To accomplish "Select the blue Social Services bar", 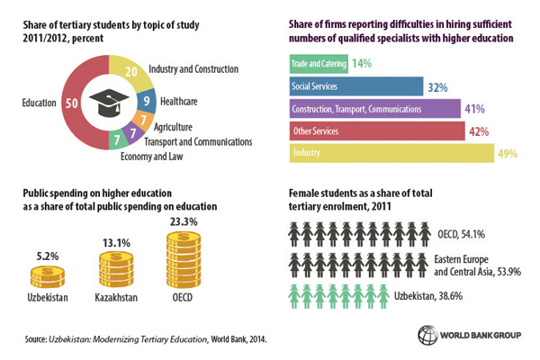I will [355, 86].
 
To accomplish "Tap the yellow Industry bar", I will [391, 153].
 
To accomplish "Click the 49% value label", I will [507, 154].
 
